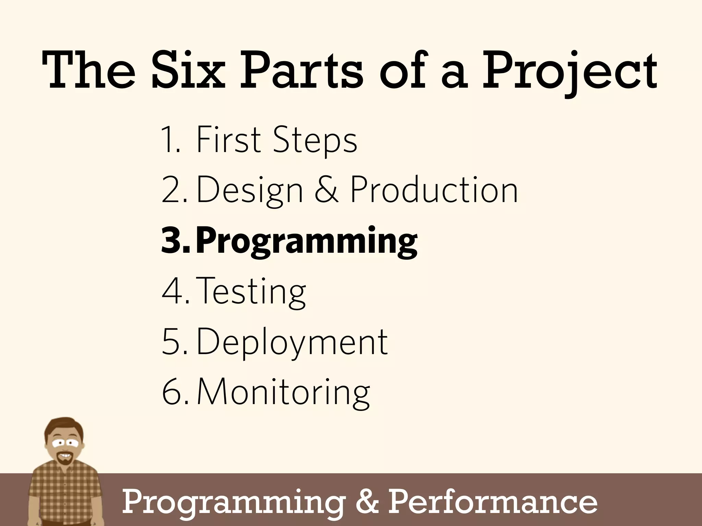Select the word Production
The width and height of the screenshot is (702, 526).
(434, 190)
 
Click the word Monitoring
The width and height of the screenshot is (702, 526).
(283, 392)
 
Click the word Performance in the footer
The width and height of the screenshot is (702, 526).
(493, 502)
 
